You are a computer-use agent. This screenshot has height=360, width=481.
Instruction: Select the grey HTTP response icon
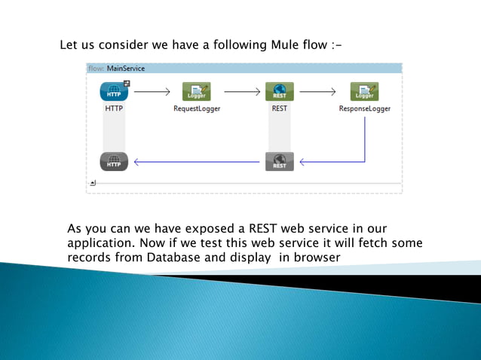click(114, 161)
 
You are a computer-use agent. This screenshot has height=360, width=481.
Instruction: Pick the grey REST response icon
click(279, 161)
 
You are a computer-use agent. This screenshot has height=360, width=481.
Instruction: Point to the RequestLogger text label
click(197, 108)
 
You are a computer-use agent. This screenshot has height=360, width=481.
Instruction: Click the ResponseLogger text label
click(364, 108)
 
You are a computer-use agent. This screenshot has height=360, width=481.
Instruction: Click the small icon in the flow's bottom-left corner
click(92, 182)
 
